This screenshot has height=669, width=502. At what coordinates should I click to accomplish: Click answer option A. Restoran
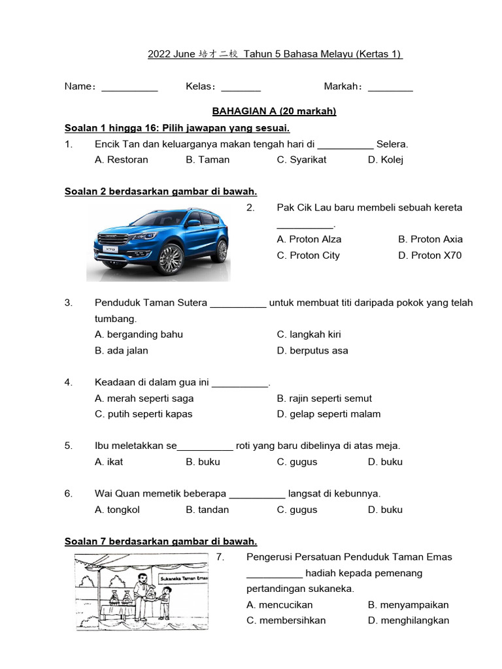122,159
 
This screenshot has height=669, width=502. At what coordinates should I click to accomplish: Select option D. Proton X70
429,255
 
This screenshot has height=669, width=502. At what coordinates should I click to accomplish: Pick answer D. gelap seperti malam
328,414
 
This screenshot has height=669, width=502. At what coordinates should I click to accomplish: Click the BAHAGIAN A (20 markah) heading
274,111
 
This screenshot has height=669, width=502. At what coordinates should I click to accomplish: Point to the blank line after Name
129,88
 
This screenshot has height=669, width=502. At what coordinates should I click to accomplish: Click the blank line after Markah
390,88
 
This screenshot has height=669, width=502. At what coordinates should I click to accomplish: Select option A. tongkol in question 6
117,510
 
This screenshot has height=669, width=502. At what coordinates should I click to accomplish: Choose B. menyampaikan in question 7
409,604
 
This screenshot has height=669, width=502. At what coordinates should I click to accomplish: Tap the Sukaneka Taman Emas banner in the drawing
184,579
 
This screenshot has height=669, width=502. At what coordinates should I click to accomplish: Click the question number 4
68,382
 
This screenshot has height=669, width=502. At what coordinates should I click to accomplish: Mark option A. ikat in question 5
109,462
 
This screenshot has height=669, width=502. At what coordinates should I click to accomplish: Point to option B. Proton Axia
430,239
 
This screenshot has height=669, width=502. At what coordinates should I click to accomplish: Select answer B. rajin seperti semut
324,398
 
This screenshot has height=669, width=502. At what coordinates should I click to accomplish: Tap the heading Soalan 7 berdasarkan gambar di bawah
161,541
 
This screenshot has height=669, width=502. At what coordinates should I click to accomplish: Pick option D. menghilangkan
409,620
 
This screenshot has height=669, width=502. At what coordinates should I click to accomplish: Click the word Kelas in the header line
200,86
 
